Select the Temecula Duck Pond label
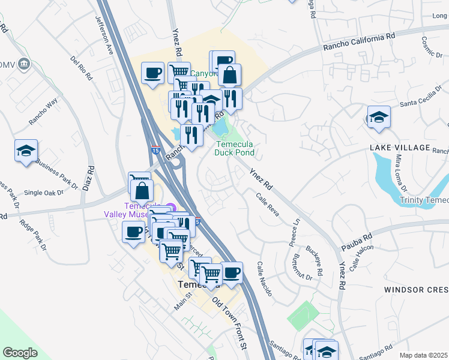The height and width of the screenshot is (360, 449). point(235,148)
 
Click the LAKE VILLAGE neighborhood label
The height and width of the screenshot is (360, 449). point(400,148)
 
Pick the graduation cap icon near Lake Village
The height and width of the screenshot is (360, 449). point(379,116)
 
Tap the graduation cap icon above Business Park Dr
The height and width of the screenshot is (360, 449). point(26,151)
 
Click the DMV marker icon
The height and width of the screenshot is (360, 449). point(24,63)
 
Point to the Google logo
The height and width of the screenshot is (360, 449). point(20,353)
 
